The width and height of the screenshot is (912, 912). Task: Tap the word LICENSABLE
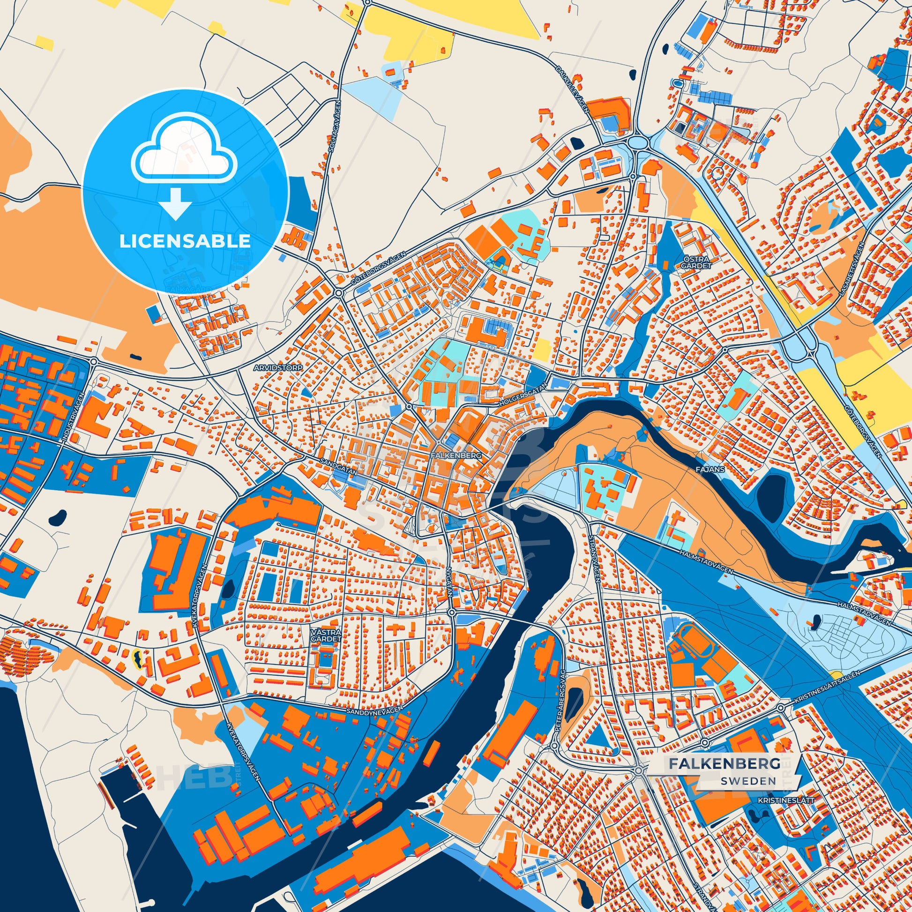coord(185,241)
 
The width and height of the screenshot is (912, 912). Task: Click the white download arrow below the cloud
coord(175,202)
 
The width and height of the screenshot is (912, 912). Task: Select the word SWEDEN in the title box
coord(748,780)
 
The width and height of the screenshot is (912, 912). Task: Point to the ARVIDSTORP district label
coord(278,367)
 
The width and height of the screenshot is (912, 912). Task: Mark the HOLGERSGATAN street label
coord(523,395)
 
